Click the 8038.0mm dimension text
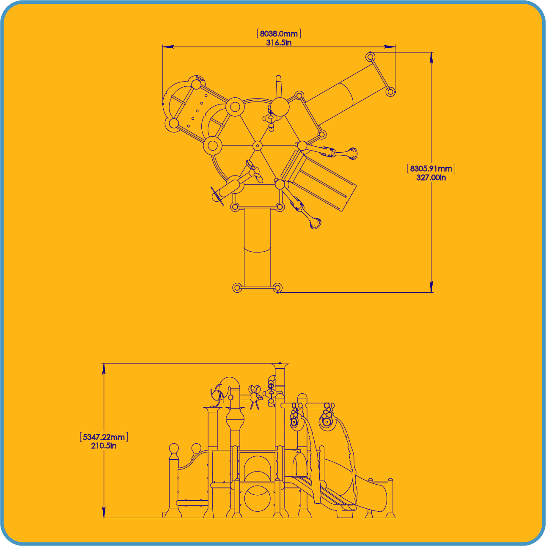(279, 34)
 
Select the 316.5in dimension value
(279, 43)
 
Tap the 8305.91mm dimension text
(431, 169)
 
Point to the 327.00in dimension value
(431, 178)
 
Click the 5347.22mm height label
(104, 437)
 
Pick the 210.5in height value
(104, 446)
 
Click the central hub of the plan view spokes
(257, 146)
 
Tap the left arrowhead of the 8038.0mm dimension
(168, 47)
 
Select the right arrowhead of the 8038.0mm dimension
(390, 47)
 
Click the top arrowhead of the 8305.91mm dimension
(431, 58)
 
